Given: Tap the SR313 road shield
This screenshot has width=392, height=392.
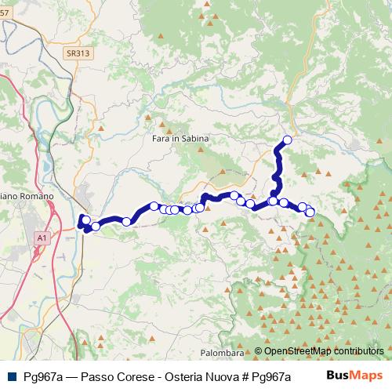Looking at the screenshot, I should click(x=76, y=53).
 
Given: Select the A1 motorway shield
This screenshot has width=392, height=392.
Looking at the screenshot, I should click(x=41, y=235).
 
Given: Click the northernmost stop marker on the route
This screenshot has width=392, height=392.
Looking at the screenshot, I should click(x=287, y=140).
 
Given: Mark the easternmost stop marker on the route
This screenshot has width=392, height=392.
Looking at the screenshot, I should click(x=310, y=212).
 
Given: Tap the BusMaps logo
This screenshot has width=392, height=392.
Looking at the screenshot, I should click(x=354, y=376).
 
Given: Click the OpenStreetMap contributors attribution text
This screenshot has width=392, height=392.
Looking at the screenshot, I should click(x=319, y=352).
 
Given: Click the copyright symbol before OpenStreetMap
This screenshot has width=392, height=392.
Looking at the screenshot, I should click(x=259, y=352).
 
